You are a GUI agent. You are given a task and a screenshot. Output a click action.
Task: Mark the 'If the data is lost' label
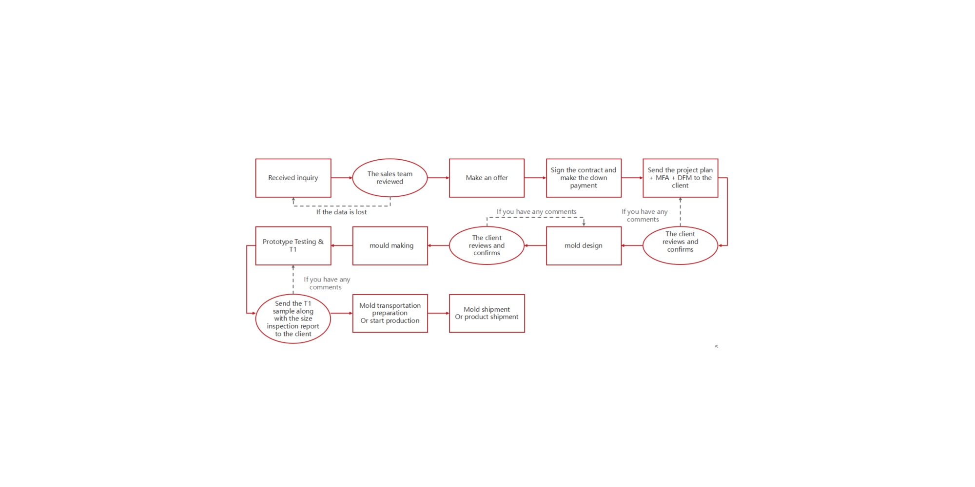[341, 212]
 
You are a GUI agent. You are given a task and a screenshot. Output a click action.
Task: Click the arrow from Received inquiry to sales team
[342, 178]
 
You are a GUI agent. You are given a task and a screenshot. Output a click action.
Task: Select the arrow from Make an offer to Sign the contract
[535, 178]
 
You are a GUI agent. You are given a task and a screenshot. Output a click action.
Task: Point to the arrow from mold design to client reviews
[535, 245]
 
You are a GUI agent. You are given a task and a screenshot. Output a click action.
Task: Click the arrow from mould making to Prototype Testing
[342, 245]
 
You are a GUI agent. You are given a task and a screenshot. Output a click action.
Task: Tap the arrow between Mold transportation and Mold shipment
[439, 313]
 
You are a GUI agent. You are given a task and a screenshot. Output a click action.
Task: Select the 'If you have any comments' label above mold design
[536, 212]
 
